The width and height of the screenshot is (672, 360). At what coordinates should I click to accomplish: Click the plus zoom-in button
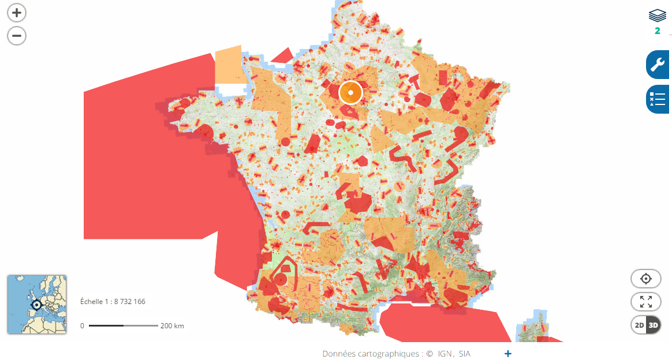[17, 12]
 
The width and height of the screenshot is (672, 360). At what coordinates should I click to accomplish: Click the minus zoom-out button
[17, 36]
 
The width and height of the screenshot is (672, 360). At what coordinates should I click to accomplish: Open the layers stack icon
[657, 16]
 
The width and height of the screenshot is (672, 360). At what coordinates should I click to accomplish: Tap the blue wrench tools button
[658, 65]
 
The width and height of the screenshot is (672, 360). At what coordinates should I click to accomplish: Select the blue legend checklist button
[658, 99]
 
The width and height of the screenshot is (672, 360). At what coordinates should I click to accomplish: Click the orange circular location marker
[350, 92]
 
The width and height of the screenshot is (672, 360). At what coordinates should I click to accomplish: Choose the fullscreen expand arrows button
[646, 302]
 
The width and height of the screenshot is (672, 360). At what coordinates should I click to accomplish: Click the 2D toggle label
[639, 325]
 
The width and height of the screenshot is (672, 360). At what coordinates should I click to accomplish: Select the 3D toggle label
[654, 325]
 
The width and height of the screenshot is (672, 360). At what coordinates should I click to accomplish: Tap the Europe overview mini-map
[36, 304]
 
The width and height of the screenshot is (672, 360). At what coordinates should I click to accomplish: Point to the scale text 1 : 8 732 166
[113, 302]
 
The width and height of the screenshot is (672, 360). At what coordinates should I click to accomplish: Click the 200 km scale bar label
[172, 326]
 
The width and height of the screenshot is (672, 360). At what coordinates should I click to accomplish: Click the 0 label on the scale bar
[82, 326]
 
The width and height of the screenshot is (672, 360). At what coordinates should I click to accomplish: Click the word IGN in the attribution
[445, 354]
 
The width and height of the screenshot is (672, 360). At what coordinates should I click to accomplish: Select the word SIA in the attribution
[464, 354]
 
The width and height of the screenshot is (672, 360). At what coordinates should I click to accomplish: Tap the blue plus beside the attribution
[508, 354]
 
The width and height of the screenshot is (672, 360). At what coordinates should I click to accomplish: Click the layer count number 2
[657, 31]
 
